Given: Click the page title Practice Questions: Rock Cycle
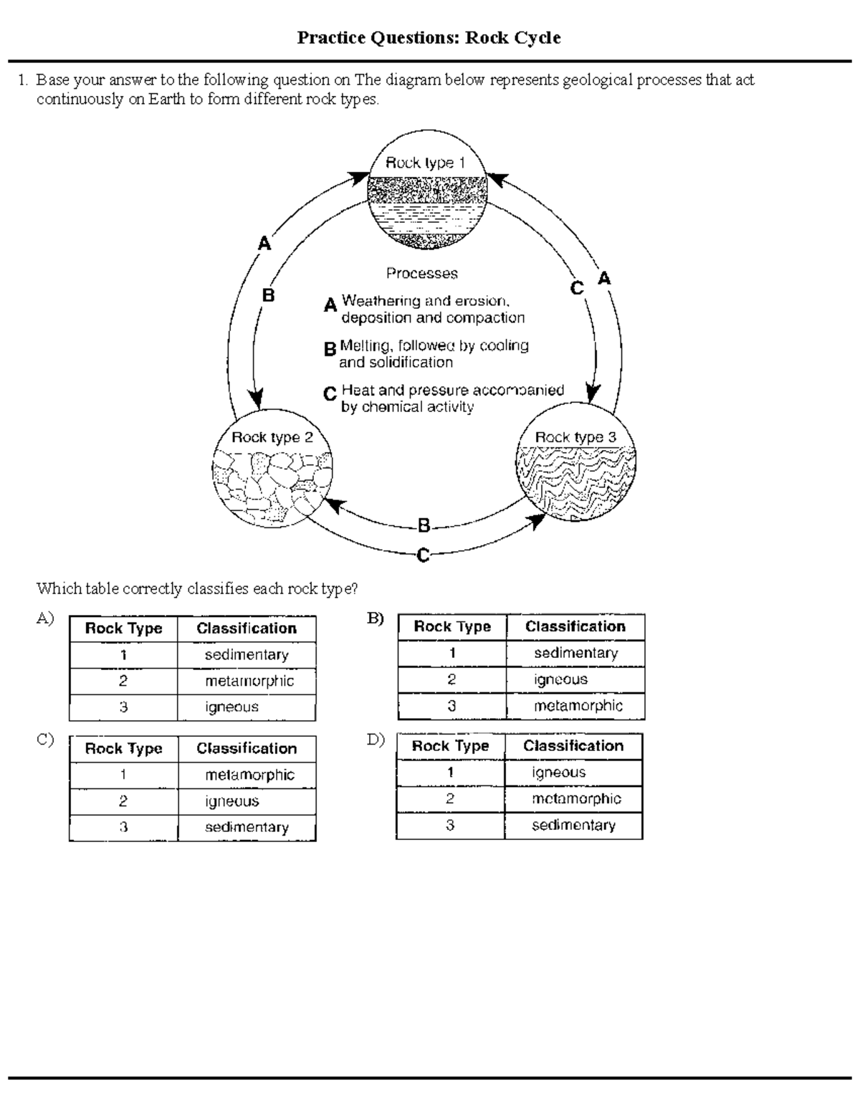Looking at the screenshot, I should (x=429, y=38).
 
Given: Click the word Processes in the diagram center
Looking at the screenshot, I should (x=421, y=273).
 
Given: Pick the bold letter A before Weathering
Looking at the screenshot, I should (x=330, y=305).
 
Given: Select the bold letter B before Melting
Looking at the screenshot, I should (x=330, y=350).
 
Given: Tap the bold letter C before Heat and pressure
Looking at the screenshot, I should (x=330, y=394).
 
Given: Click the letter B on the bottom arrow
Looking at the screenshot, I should (x=424, y=526).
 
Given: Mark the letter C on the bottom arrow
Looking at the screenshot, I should (x=424, y=555).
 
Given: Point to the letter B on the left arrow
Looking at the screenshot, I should (x=268, y=295).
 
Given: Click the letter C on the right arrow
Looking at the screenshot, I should (x=578, y=288).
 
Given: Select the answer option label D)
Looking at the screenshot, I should (x=376, y=740).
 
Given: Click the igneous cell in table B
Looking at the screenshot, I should (x=560, y=679).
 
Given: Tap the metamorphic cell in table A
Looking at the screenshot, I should (x=249, y=681).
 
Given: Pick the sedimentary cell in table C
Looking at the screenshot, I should (x=247, y=827).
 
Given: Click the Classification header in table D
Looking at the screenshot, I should (x=573, y=746).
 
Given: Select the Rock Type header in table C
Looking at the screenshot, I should (x=123, y=749).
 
